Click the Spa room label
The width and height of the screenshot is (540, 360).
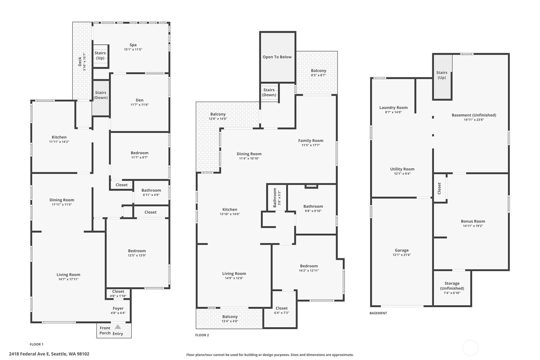pos(133,45)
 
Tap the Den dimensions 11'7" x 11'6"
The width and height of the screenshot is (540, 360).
pos(140,105)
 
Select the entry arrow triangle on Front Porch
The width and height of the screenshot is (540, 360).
pos(118,327)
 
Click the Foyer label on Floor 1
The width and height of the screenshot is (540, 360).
pos(118,308)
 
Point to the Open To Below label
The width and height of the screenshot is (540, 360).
pos(277,57)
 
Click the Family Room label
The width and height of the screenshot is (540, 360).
pos(311,141)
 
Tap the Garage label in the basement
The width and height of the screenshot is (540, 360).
pos(402,250)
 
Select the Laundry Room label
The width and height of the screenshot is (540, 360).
pos(393,108)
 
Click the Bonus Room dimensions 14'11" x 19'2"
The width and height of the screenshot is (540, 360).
pos(473,226)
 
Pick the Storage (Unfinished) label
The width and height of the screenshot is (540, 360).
pos(452,286)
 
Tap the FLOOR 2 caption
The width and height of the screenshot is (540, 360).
pos(202,335)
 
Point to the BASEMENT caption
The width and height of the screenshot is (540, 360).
pos(378,313)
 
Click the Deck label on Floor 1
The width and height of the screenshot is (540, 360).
pos(80,61)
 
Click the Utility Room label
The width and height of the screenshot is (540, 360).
pos(402,169)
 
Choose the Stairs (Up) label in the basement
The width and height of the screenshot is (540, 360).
pos(442,75)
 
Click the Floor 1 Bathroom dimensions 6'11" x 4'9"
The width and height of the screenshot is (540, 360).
pos(151,195)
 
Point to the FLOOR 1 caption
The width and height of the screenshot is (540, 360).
pos(37,344)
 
